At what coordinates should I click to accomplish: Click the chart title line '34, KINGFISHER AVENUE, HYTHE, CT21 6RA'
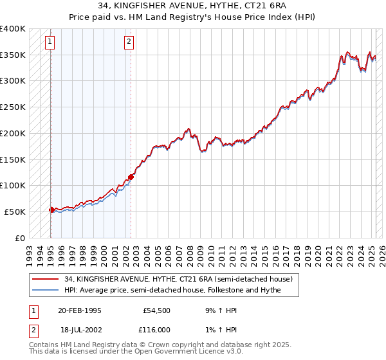(x=193, y=7)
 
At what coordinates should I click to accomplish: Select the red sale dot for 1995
(x=51, y=210)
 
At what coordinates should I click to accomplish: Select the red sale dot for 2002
(x=131, y=177)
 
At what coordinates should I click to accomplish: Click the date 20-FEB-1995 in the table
(x=80, y=310)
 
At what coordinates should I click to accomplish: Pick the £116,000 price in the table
(x=156, y=329)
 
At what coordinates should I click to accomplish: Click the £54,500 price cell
(x=156, y=310)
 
